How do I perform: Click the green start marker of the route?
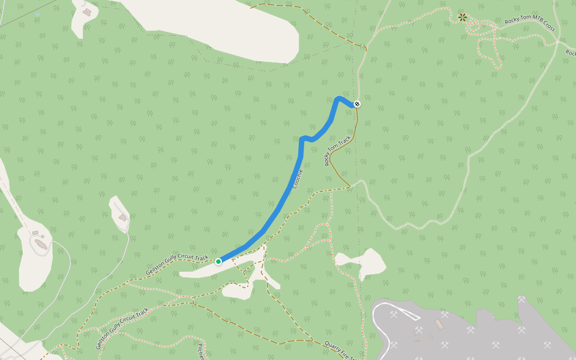(x=218, y=262)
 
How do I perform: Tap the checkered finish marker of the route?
(x=357, y=104)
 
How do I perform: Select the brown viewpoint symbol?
(x=462, y=17)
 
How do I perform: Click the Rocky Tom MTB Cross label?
(x=530, y=25)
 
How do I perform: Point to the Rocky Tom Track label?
(x=338, y=151)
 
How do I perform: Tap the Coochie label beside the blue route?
(x=298, y=179)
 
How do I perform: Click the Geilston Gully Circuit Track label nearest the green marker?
(x=176, y=263)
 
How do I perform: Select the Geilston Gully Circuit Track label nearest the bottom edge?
(x=122, y=328)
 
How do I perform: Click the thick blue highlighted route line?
(x=282, y=204)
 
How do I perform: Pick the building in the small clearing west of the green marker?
(x=122, y=217)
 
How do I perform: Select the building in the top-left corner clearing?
(x=88, y=12)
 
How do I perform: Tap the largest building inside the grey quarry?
(x=439, y=325)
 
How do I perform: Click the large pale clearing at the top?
(x=240, y=30)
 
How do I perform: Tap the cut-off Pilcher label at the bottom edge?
(x=201, y=352)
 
